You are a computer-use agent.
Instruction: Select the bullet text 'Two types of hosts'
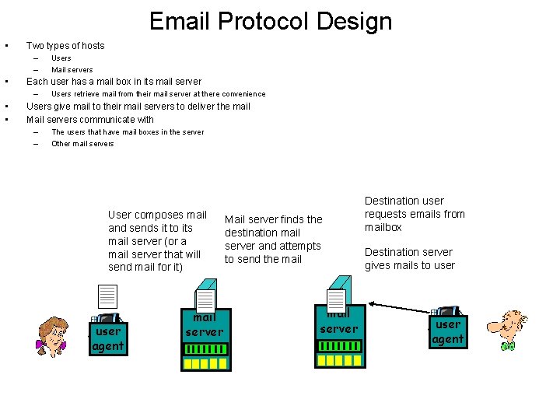[65, 45]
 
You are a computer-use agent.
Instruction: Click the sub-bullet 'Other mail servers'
[82, 144]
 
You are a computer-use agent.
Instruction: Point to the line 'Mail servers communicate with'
[90, 120]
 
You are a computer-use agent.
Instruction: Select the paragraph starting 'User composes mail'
[158, 240]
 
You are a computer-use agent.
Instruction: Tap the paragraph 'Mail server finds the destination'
[273, 239]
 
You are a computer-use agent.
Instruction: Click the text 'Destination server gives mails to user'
[410, 258]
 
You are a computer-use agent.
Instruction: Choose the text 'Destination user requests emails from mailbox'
[415, 214]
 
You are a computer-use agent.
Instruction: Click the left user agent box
[108, 338]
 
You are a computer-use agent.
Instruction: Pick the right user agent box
[448, 331]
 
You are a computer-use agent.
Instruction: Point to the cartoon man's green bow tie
[509, 345]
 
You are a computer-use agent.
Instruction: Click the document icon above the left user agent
[107, 297]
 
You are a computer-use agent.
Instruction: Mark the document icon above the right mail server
[337, 300]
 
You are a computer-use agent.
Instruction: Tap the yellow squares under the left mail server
[205, 363]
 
